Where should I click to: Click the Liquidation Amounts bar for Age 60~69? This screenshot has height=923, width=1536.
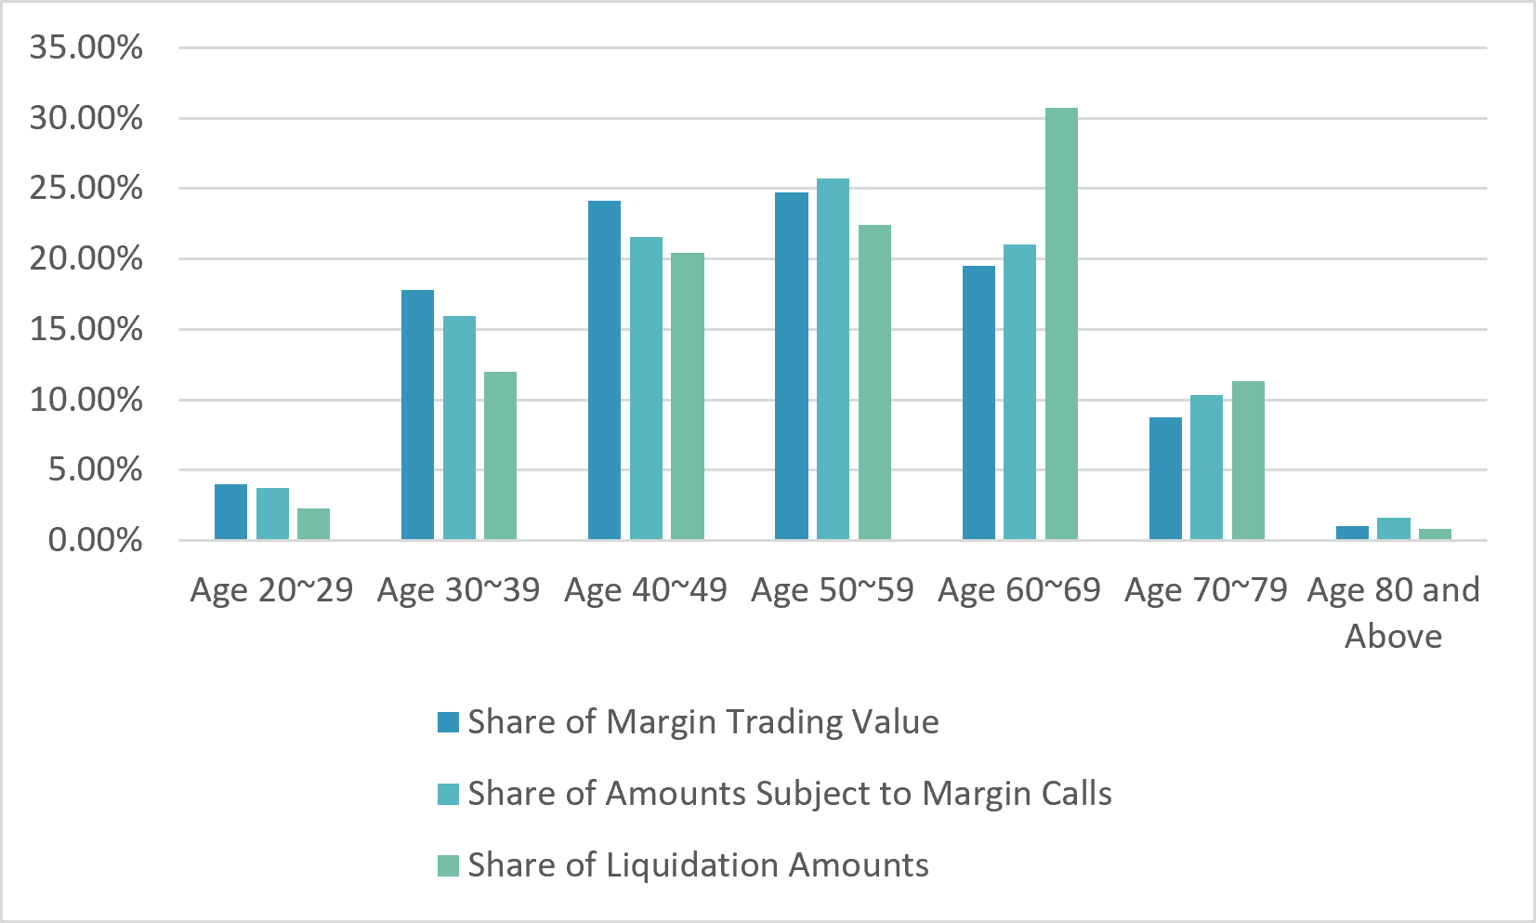[1061, 323]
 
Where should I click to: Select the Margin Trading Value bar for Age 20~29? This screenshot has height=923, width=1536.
[231, 512]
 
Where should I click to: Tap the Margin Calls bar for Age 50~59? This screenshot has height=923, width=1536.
[834, 360]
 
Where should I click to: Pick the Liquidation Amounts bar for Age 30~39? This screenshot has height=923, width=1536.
[501, 456]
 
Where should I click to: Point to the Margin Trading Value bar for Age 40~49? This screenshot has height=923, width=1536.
[605, 370]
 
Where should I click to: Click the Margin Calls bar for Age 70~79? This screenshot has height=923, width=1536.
[1207, 468]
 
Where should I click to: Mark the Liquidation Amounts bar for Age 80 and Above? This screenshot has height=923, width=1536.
[1436, 534]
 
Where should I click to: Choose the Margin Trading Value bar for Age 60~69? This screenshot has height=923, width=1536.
[978, 403]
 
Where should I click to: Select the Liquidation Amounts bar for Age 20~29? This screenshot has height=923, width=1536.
[313, 524]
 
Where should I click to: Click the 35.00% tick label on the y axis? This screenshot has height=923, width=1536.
[86, 48]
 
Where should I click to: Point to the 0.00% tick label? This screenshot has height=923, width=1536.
[96, 540]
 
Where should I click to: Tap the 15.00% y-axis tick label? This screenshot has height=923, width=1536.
[86, 329]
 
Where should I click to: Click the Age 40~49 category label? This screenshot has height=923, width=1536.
[646, 589]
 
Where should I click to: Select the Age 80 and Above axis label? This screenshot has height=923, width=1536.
[1394, 613]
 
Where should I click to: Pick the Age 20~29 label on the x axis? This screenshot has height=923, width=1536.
[271, 589]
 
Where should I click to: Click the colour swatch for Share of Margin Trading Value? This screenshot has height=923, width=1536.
[449, 722]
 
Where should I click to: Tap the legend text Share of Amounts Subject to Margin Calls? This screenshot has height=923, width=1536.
[790, 794]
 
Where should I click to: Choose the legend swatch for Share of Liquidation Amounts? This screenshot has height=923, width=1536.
[449, 865]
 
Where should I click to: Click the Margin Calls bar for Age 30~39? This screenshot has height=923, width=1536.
[459, 428]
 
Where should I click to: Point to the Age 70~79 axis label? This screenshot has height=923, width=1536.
[1206, 589]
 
